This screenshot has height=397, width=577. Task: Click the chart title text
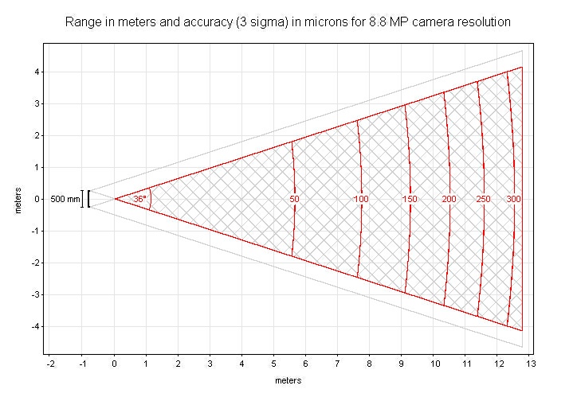click(x=287, y=21)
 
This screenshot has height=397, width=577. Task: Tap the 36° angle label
click(x=139, y=199)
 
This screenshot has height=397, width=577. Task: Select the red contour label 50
click(x=294, y=199)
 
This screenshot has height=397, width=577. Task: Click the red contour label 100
click(x=361, y=199)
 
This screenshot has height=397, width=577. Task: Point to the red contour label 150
click(x=410, y=199)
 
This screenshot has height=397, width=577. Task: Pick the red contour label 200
click(x=449, y=199)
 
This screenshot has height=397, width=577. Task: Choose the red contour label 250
click(x=482, y=199)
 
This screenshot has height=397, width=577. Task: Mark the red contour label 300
click(x=514, y=199)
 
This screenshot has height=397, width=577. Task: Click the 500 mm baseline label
click(x=65, y=199)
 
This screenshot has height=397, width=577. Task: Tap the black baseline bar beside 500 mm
click(x=88, y=199)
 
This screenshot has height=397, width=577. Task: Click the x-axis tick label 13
click(x=530, y=364)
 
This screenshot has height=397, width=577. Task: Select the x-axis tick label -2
click(x=50, y=364)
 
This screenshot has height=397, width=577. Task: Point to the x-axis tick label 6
click(x=306, y=364)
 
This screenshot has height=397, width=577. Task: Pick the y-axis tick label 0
click(x=38, y=199)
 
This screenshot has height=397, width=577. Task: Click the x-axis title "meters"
click(x=288, y=380)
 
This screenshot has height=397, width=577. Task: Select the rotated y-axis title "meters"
click(x=18, y=199)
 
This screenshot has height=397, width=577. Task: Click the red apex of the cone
click(x=115, y=199)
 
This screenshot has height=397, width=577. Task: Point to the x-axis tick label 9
click(x=402, y=364)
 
